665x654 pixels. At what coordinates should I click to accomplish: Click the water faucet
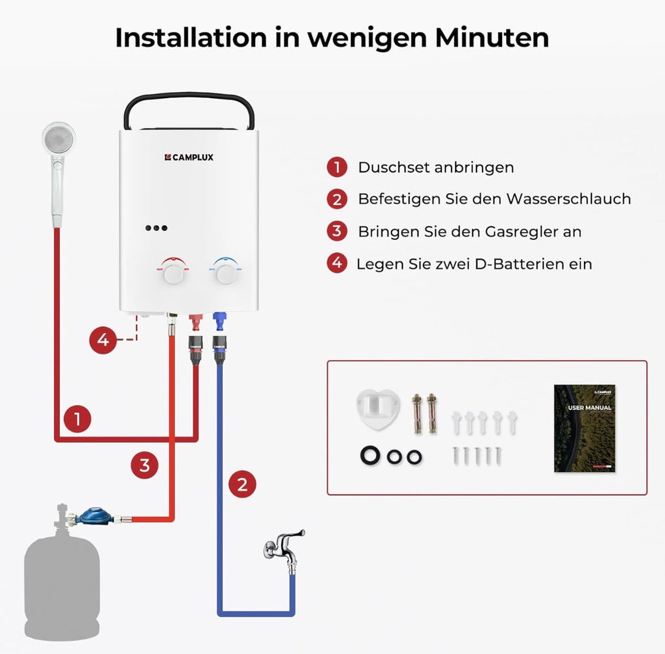(x=284, y=546)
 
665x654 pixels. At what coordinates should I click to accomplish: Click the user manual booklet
(x=584, y=428)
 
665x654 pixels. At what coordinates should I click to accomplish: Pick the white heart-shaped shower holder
(x=377, y=408)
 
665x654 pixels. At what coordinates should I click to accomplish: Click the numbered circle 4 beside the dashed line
(x=103, y=340)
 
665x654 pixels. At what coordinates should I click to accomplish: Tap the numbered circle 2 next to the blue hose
(x=242, y=484)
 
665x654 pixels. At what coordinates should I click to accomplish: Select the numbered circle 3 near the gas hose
(x=144, y=465)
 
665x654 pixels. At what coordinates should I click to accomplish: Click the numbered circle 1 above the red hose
(x=78, y=419)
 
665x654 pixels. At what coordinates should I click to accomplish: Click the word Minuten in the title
(x=492, y=38)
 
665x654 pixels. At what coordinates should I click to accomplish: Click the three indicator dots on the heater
(x=157, y=228)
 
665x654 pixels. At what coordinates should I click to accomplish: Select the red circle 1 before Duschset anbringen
(x=336, y=167)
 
